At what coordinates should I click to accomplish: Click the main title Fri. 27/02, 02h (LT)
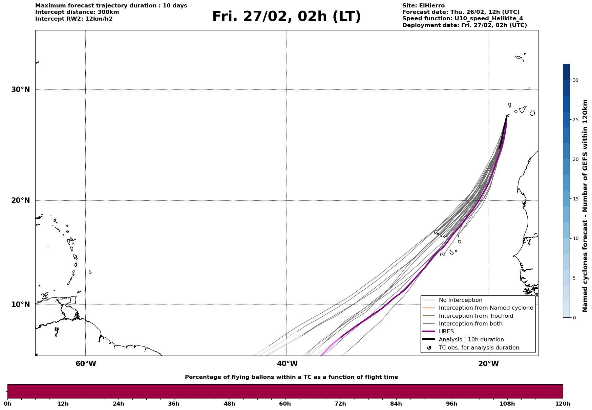tap(287, 17)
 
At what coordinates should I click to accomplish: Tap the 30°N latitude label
tap(21, 90)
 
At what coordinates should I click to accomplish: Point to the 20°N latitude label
tap(21, 200)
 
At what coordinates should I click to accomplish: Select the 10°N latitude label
tap(21, 305)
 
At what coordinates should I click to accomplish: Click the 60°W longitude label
tap(86, 364)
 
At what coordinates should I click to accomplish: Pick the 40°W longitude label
tap(287, 364)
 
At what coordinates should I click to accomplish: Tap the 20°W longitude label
tap(488, 364)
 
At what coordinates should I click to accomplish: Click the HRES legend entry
tap(446, 332)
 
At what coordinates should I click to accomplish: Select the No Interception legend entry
tap(460, 300)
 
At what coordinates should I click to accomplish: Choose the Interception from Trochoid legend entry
tap(475, 316)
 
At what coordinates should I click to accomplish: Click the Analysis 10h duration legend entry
tap(471, 340)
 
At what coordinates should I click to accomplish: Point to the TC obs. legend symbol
tap(429, 348)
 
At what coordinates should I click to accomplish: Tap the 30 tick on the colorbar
tap(575, 80)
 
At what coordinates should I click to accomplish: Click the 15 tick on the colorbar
tap(575, 199)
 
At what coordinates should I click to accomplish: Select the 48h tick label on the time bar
tap(229, 404)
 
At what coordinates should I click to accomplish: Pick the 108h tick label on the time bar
tap(507, 404)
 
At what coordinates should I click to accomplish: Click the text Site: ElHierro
tap(423, 6)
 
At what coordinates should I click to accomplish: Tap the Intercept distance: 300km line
tap(77, 12)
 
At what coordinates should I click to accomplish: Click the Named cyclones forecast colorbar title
tap(585, 206)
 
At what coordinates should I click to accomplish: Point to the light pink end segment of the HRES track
tap(331, 345)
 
